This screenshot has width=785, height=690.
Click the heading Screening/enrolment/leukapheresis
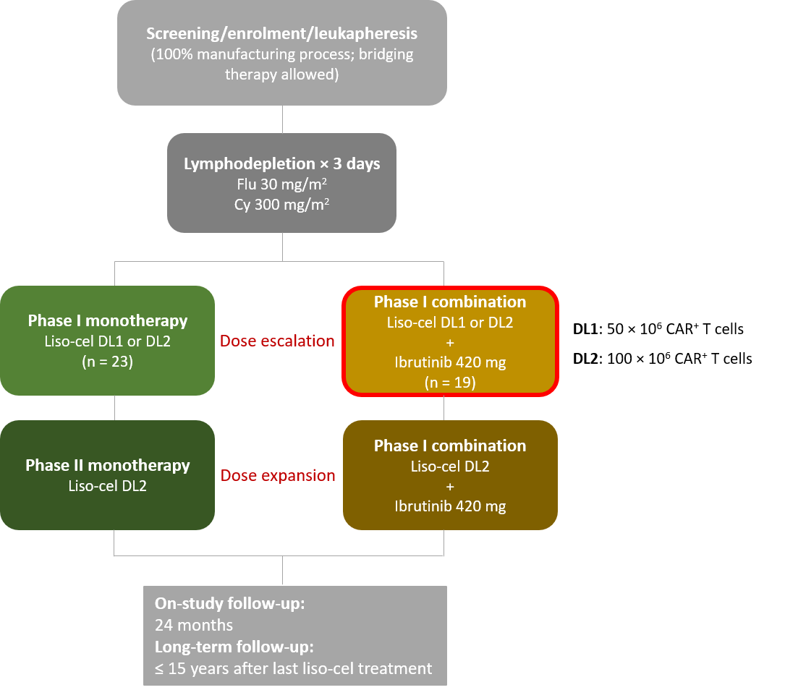(x=282, y=33)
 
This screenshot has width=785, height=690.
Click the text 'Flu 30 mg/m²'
(x=282, y=184)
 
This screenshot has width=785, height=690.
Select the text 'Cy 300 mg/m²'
(x=282, y=204)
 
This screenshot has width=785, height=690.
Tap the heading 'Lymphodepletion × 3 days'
(x=282, y=163)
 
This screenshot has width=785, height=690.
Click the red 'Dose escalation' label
(x=277, y=341)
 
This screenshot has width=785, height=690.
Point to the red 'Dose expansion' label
(x=278, y=475)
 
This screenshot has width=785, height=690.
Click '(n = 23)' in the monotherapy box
(x=108, y=361)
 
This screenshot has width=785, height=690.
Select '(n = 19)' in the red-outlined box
(x=450, y=383)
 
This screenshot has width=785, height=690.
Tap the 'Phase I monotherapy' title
(x=108, y=320)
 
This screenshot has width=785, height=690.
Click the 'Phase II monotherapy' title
(x=108, y=465)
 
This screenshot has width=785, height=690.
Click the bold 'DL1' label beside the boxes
(x=586, y=329)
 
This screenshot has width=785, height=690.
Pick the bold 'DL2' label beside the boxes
(x=586, y=359)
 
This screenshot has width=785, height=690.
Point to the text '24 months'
(x=194, y=626)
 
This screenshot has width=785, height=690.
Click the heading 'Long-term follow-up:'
(x=234, y=647)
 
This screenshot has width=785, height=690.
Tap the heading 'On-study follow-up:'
(x=230, y=603)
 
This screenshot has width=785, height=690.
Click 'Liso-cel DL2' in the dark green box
(x=108, y=486)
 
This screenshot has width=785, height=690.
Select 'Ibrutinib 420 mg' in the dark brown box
(x=450, y=506)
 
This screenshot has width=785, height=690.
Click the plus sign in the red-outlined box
(x=450, y=343)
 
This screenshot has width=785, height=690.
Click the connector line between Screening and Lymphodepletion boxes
(x=282, y=119)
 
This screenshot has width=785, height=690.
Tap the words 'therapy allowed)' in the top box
(x=282, y=74)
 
